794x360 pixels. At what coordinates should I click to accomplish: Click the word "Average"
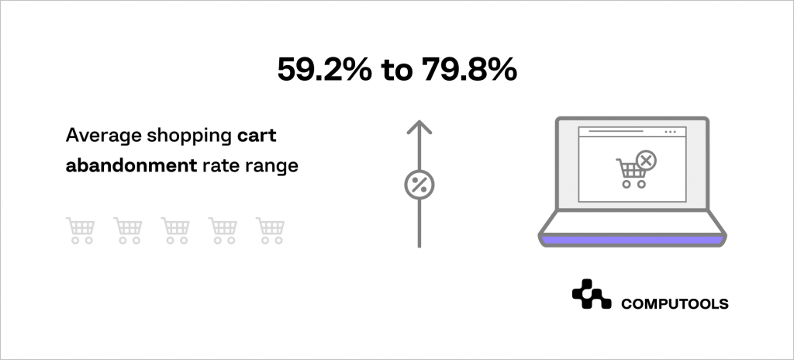[x=98, y=137]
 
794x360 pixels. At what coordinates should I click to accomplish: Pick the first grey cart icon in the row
[x=81, y=230]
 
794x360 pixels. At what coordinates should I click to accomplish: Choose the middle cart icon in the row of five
[x=175, y=230]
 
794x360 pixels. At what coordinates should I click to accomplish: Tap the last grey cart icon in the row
[x=271, y=230]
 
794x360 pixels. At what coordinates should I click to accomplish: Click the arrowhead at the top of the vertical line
[x=419, y=126]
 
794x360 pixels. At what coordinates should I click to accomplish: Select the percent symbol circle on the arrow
[x=419, y=185]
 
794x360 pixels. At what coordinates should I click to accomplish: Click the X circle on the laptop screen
[x=645, y=161]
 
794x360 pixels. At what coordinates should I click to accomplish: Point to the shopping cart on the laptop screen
[x=630, y=173]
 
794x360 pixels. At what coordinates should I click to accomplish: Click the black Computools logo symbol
[x=591, y=295]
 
